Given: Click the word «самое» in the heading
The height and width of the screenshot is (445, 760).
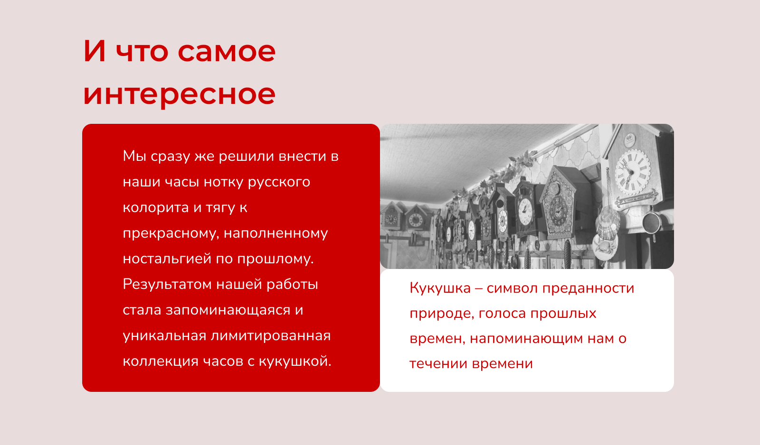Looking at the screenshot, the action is (226, 52).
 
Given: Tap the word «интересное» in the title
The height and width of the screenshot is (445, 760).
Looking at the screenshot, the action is (179, 95).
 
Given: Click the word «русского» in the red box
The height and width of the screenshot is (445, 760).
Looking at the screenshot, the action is (279, 183).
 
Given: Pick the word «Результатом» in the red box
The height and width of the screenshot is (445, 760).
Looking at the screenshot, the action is (167, 285).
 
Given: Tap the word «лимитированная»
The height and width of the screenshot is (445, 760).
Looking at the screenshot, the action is (270, 336).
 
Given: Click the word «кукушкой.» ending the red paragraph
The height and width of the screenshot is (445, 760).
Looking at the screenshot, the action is (295, 361).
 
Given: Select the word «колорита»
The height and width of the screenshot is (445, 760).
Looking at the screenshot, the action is (156, 207).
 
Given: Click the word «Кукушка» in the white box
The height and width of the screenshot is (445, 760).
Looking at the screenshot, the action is (440, 288).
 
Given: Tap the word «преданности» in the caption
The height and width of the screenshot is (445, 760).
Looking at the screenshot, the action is (588, 288).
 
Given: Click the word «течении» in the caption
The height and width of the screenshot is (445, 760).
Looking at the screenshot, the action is (438, 364).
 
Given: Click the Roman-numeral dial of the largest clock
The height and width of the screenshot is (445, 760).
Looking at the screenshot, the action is (633, 172).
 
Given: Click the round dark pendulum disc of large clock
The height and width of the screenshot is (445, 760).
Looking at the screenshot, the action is (652, 222).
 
